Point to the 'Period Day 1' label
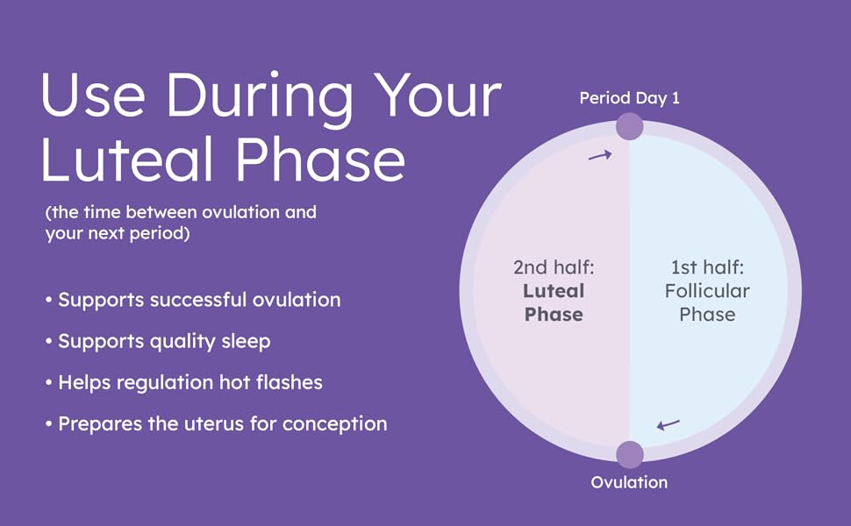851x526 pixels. click(629, 98)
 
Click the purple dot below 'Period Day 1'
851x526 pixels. click(629, 126)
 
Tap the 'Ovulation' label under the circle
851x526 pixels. click(629, 482)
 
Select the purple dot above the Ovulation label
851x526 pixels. click(629, 454)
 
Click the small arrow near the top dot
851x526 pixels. click(599, 155)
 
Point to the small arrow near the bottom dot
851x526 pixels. click(668, 425)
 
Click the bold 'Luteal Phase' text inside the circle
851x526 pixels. click(554, 302)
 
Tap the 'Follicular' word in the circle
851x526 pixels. click(707, 290)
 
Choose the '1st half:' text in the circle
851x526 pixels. click(707, 267)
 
